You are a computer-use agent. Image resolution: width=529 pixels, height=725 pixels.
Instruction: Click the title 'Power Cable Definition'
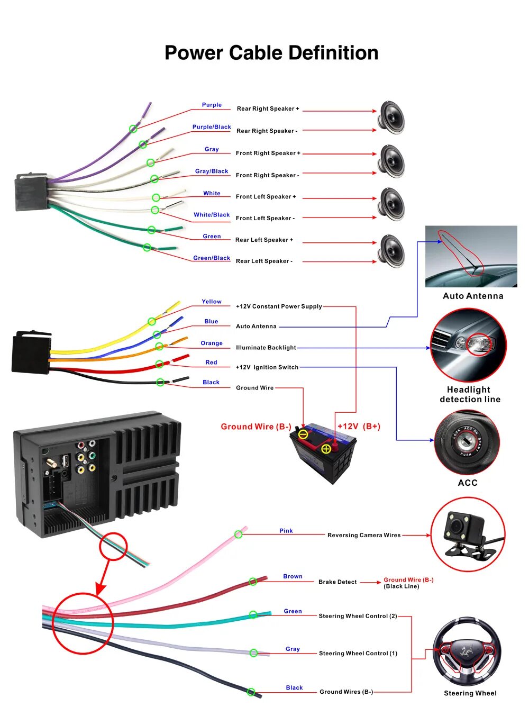[x=271, y=53]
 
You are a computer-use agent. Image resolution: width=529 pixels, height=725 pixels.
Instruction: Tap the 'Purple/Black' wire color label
[x=212, y=127]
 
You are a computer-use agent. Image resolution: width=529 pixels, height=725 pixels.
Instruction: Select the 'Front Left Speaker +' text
[x=266, y=196]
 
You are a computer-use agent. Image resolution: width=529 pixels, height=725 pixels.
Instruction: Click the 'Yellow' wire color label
[x=212, y=301]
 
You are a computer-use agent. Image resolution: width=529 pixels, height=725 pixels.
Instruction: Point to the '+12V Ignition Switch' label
[x=267, y=367]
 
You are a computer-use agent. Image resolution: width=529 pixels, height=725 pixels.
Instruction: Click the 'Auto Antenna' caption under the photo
[x=473, y=296]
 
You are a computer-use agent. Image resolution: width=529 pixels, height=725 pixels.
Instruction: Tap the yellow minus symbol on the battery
[x=303, y=434]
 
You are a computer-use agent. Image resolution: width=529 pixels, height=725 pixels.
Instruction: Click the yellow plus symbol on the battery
[x=326, y=449]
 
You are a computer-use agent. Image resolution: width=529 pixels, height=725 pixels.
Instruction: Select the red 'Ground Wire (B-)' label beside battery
[x=256, y=427]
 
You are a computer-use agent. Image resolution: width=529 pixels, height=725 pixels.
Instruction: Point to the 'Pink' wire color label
[x=286, y=530]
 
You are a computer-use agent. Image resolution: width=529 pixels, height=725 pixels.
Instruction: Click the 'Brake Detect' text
[x=338, y=582]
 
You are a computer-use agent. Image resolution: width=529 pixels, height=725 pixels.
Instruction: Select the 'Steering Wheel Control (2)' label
[x=358, y=615]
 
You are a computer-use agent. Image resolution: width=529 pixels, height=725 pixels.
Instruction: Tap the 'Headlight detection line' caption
[x=470, y=394]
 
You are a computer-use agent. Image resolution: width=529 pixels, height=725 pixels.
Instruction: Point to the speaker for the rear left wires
[x=391, y=251]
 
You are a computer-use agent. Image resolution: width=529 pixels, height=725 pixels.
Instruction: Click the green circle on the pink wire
[x=239, y=534]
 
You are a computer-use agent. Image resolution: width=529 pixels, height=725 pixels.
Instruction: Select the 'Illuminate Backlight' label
[x=266, y=347]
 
